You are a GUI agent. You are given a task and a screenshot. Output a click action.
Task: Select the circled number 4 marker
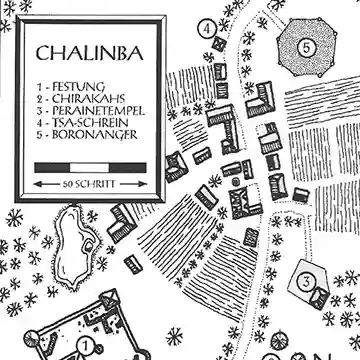[x=206, y=29]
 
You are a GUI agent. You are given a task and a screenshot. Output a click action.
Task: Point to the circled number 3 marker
[x=306, y=280]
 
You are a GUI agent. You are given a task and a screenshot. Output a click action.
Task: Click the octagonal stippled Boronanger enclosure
[x=308, y=45]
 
